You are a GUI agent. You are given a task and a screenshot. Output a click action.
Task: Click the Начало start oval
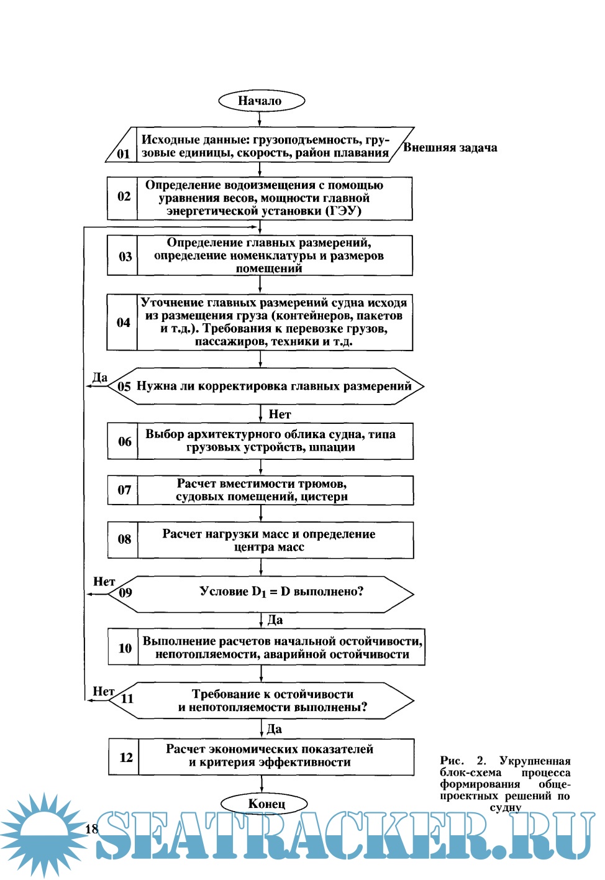[261, 101]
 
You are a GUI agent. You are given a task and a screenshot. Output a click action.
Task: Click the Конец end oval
[266, 804]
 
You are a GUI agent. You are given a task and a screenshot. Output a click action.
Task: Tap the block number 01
[124, 154]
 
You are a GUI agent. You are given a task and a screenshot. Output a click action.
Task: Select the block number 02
[124, 196]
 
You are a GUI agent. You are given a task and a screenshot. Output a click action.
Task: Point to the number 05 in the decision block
[124, 387]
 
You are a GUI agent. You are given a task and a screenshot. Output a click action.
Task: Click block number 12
[126, 757]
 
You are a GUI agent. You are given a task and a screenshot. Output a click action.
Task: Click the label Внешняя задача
[450, 147]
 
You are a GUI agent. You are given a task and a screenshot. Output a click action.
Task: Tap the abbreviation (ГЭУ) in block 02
[343, 211]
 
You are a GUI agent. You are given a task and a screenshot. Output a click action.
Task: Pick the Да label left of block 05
[100, 377]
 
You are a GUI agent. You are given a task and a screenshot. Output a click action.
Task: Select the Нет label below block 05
[280, 414]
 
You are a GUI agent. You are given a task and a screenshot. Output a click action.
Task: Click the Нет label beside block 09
[104, 582]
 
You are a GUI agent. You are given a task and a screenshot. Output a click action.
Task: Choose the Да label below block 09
[275, 620]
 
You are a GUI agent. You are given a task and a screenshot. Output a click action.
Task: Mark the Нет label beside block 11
[103, 691]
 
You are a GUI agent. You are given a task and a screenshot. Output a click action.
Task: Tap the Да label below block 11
[274, 729]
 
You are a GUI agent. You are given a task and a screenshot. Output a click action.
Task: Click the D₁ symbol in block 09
[258, 592]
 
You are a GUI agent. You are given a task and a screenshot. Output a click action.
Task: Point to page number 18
[91, 828]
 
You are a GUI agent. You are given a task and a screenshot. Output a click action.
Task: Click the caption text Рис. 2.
[463, 761]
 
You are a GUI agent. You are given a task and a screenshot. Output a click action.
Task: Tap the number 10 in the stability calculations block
[125, 648]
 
